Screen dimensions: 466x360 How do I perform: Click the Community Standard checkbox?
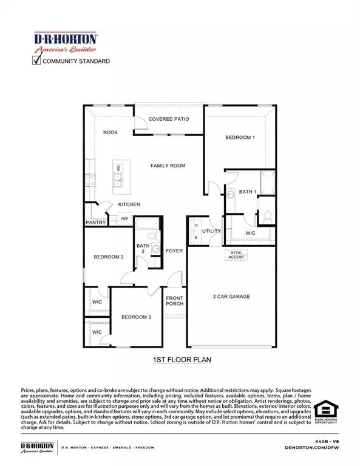pos(36,60)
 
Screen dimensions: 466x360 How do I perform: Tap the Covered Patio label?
pos(169,120)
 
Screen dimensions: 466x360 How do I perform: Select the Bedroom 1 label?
pos(240,138)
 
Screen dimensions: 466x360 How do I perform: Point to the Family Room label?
pos(168,166)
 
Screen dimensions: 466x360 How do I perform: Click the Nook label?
pos(110,132)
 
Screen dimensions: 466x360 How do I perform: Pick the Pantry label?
pos(96,223)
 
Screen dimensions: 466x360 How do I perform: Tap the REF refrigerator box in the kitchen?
pos(124,219)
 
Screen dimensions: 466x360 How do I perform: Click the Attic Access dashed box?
pos(236,254)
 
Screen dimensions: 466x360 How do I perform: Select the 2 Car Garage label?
pos(231,297)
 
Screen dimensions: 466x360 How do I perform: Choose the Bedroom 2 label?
pos(109,257)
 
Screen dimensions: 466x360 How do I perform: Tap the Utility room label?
pos(211,231)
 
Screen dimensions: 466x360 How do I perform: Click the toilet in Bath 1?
pos(268,216)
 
